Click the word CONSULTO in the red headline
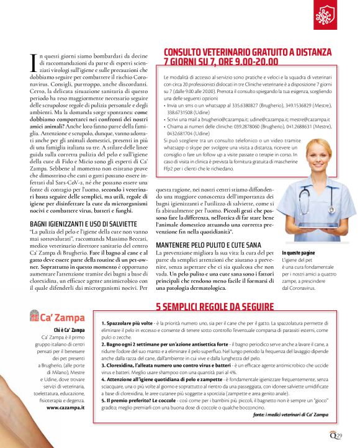click(x=189, y=53)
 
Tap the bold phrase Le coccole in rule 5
click(x=168, y=401)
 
